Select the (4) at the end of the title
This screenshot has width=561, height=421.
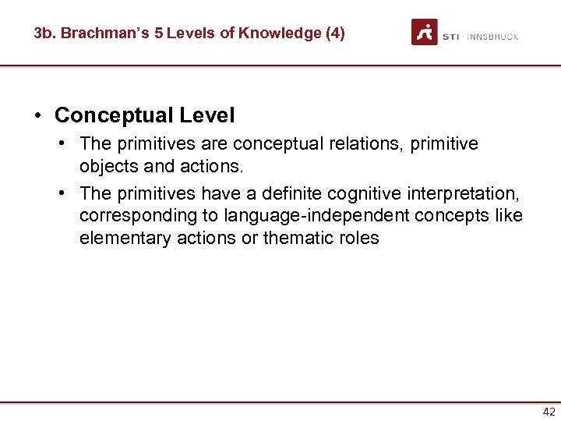[333, 34]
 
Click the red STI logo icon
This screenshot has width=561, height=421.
[425, 32]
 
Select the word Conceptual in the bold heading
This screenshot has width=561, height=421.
[114, 116]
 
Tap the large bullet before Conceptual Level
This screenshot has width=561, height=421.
[38, 116]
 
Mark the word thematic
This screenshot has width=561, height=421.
[298, 239]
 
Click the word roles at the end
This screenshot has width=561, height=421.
[359, 239]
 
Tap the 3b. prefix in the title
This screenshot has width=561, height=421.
[44, 34]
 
